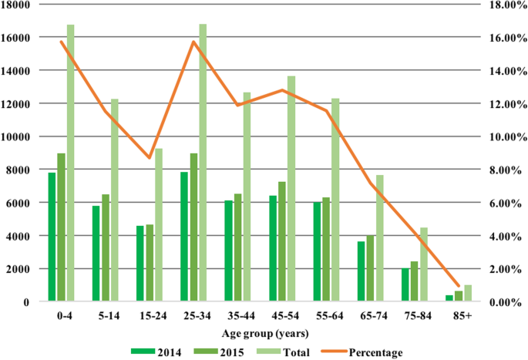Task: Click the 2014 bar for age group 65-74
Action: tap(361, 271)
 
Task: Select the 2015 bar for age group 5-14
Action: tap(106, 247)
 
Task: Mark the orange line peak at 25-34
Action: tap(193, 42)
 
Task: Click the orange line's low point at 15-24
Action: tap(150, 157)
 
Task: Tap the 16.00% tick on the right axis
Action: tap(503, 38)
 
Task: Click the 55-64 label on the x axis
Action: tap(330, 316)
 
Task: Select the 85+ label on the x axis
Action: tap(462, 316)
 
